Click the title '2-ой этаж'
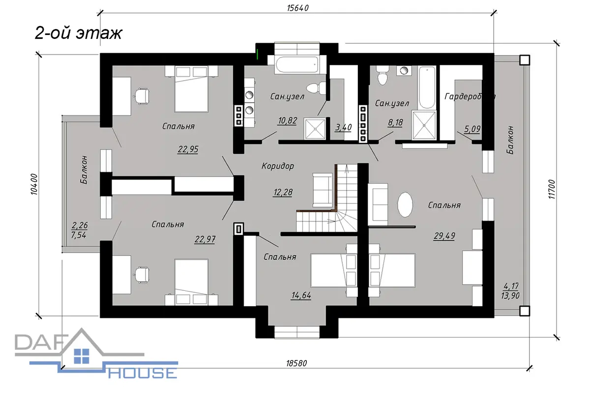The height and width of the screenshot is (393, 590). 78,34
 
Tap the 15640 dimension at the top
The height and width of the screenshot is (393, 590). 297,8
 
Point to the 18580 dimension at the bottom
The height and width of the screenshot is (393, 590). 296,363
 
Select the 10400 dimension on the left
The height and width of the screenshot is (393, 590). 34,184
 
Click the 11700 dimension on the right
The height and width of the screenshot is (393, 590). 552,189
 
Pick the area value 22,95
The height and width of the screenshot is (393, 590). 188,149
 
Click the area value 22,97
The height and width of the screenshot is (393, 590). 205,240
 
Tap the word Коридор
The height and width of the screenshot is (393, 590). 278,166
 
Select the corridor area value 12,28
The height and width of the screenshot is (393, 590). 283,193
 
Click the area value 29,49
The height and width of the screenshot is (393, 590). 444,236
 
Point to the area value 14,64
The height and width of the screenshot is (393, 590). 301,295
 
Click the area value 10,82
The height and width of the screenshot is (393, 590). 287,120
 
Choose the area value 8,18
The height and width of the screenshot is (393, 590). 395,122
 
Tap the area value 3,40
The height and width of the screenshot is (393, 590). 344,127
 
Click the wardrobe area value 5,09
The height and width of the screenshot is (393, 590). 472,129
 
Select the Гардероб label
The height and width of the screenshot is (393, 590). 467,97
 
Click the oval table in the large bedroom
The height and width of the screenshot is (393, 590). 405,205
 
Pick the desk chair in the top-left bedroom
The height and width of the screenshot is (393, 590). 142,97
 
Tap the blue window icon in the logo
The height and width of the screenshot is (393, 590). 82,356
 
